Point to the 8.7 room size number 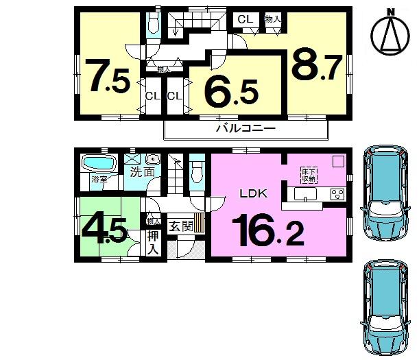316,65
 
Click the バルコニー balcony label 246,128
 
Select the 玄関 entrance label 181,226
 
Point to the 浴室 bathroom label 99,180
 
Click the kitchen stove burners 338,193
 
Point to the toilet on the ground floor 197,172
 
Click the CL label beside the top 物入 244,20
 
